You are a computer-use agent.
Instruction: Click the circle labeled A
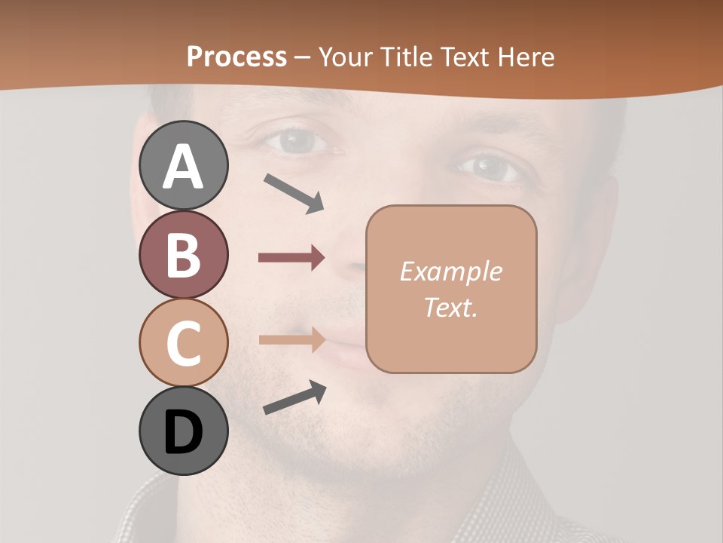[183, 165]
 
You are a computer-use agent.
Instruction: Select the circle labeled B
[183, 254]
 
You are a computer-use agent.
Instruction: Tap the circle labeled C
[183, 342]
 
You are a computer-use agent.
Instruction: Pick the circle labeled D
[183, 431]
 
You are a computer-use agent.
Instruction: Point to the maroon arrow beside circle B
[291, 258]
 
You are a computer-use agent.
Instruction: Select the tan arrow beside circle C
[291, 340]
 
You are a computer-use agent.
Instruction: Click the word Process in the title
[236, 57]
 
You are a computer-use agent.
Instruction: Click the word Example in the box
[450, 271]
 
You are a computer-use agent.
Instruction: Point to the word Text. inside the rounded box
[450, 307]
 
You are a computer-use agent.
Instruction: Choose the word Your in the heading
[346, 57]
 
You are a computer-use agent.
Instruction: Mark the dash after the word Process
[303, 57]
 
